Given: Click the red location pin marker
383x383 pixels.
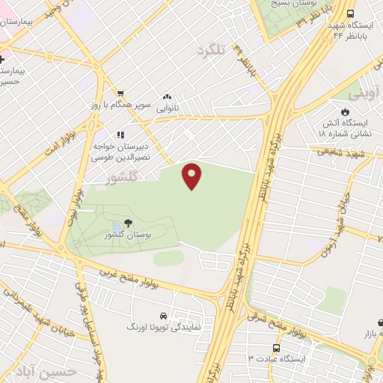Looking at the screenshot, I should [x=192, y=175].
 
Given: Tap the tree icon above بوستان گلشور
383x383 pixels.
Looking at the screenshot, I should [x=128, y=222].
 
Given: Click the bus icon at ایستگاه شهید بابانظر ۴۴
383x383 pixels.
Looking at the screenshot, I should [x=352, y=13].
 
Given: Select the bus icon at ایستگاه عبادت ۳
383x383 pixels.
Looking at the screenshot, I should [x=278, y=348].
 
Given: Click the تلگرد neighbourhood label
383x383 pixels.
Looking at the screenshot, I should [x=211, y=51].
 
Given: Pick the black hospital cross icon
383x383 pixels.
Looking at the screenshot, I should [x=2, y=58].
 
